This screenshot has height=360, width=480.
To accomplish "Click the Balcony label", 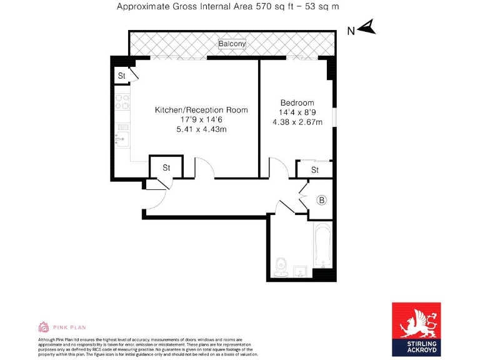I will click(x=232, y=44).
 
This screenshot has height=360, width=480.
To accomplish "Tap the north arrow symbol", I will click(x=367, y=27).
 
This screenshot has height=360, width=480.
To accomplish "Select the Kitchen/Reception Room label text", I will click(x=201, y=110).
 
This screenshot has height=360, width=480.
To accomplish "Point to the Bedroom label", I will click(x=297, y=102).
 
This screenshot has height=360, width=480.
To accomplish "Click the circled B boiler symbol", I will click(x=322, y=200).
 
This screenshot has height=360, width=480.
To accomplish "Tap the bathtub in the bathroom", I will click(x=322, y=246).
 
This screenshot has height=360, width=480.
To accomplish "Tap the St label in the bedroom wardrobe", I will click(x=315, y=169).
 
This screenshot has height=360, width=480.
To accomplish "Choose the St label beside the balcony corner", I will click(x=122, y=76).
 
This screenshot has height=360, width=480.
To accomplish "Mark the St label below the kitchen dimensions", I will click(x=167, y=167).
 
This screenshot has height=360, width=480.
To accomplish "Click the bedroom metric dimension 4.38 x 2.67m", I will click(x=297, y=122).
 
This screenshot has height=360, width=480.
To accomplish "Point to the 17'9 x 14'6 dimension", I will click(x=201, y=119).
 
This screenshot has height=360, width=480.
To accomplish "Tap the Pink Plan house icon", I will click(x=43, y=327).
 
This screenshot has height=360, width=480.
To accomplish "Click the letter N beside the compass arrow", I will click(x=351, y=31).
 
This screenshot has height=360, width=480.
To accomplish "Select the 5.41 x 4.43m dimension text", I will click(x=201, y=129).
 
